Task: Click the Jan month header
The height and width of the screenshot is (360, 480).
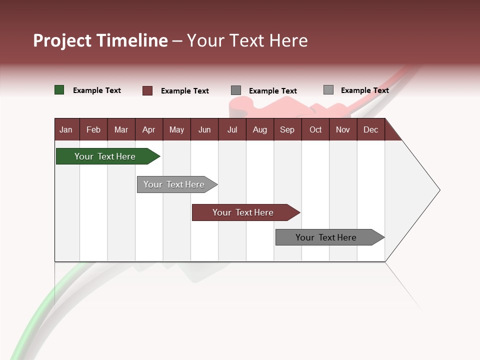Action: coord(66,129)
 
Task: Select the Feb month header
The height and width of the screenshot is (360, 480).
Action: coord(93,129)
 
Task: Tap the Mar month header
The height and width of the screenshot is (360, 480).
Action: coord(121,129)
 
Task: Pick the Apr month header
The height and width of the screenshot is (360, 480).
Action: coord(149,129)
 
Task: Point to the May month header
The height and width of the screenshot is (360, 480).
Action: coord(176,129)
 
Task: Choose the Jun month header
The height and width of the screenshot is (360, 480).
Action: coord(204,129)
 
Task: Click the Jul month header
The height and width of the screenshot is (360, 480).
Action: coord(232,129)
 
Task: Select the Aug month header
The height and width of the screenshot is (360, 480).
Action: coord(260,129)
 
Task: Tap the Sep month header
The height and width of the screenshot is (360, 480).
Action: coord(287,129)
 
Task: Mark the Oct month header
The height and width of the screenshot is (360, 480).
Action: coord(315,129)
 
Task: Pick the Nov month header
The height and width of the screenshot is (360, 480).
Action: coord(343,129)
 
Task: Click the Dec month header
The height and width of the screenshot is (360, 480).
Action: coord(371,129)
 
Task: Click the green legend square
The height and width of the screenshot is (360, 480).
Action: coord(59,90)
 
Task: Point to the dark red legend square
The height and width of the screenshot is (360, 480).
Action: coord(147,90)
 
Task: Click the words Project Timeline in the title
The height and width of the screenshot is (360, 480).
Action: coord(100,40)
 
